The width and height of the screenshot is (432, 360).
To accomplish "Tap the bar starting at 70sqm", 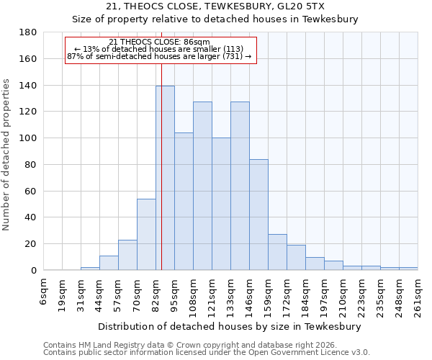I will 146,234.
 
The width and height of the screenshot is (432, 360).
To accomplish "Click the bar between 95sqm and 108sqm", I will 184,201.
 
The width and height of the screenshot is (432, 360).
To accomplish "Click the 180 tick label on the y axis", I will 27,32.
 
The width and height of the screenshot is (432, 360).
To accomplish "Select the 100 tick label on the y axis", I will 27,138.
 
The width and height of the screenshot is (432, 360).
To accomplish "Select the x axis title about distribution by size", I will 230,326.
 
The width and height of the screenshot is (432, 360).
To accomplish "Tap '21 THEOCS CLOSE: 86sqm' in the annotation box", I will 160,42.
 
